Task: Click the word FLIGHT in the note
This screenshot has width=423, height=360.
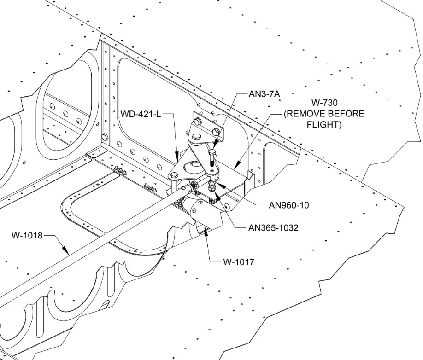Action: tap(325, 124)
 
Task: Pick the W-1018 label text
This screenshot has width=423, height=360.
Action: tap(27, 236)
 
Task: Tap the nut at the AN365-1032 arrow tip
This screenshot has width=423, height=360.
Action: tap(211, 189)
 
